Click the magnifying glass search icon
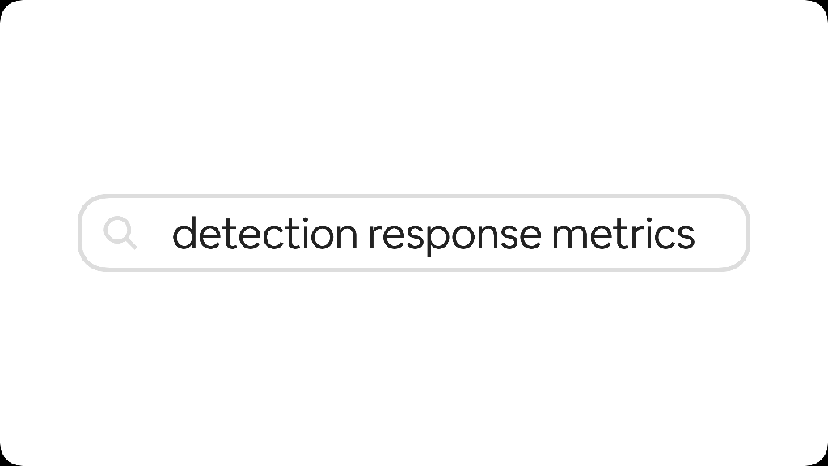[120, 233]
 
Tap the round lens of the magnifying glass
[117, 231]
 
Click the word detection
[264, 233]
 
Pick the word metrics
[623, 233]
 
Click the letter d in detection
[184, 233]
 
